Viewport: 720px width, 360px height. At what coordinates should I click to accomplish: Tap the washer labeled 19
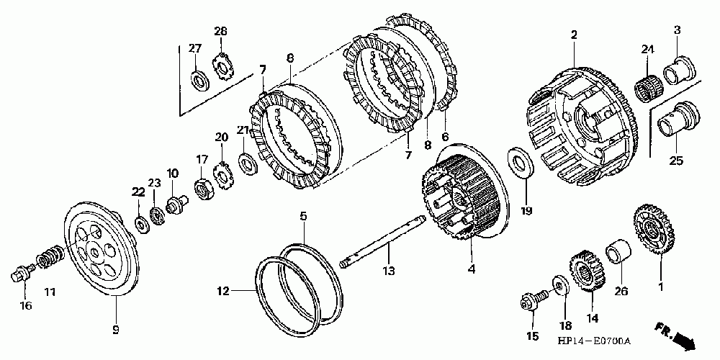[x=521, y=161]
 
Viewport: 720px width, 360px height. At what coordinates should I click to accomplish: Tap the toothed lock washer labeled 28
[x=222, y=67]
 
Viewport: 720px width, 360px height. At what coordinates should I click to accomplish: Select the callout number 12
[x=223, y=292]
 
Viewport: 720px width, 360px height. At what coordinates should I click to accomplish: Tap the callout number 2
[x=574, y=34]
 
